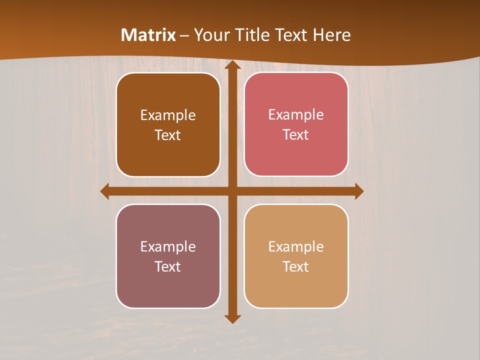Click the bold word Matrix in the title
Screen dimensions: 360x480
[148, 35]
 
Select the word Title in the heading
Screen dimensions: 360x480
[249, 35]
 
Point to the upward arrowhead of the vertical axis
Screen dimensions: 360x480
[232, 65]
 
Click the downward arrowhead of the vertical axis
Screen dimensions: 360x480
[232, 318]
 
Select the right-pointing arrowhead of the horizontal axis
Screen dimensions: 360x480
[358, 191]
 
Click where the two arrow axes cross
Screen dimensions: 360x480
[232, 191]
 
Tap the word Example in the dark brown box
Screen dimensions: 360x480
[168, 115]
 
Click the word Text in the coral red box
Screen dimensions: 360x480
[296, 135]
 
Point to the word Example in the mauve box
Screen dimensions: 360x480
[168, 246]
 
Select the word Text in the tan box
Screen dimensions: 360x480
[296, 266]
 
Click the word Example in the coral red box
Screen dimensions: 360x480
[296, 115]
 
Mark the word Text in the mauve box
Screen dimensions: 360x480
[168, 266]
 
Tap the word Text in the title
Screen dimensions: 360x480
[291, 35]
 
